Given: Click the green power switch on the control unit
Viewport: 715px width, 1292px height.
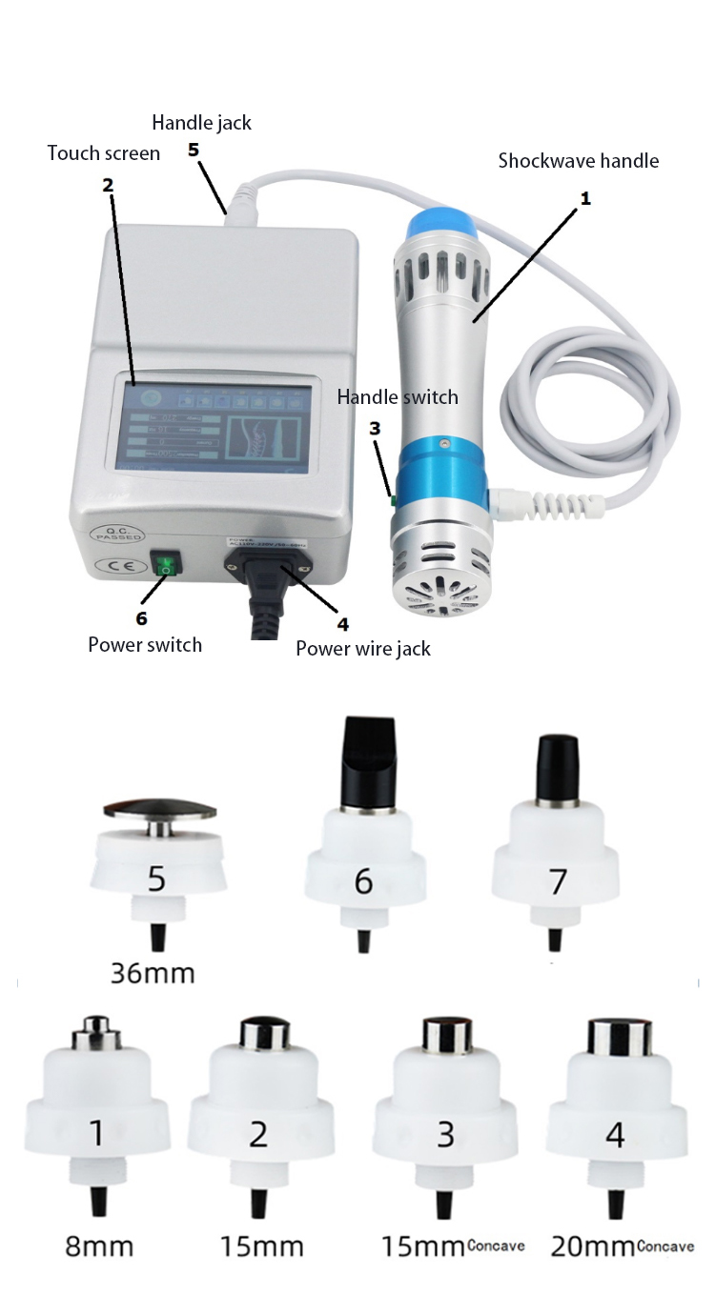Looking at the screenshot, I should coord(167,567).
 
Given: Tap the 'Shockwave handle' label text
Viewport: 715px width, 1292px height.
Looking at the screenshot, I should coord(578,161).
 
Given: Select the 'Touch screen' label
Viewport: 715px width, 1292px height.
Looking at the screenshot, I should coord(104,152).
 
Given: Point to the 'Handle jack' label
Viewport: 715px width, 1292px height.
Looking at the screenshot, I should coord(202,122).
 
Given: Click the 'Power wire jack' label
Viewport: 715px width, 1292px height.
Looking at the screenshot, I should coord(363,649).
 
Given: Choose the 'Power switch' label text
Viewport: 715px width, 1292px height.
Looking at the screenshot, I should coord(145,644).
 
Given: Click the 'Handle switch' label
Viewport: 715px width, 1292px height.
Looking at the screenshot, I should coord(398,396).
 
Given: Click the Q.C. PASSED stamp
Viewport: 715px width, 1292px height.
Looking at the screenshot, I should coord(107,532).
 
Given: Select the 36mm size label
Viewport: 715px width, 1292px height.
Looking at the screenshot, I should coord(153,973).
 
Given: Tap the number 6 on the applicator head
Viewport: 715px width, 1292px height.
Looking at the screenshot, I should coord(363,881).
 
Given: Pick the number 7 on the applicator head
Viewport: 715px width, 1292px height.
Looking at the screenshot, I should coord(558,881).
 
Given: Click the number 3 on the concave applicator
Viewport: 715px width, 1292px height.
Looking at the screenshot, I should coord(445,1134).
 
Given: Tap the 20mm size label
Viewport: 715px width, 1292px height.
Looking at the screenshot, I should coord(593,1245).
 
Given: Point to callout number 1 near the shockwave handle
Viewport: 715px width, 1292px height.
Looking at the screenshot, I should coord(585,198).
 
